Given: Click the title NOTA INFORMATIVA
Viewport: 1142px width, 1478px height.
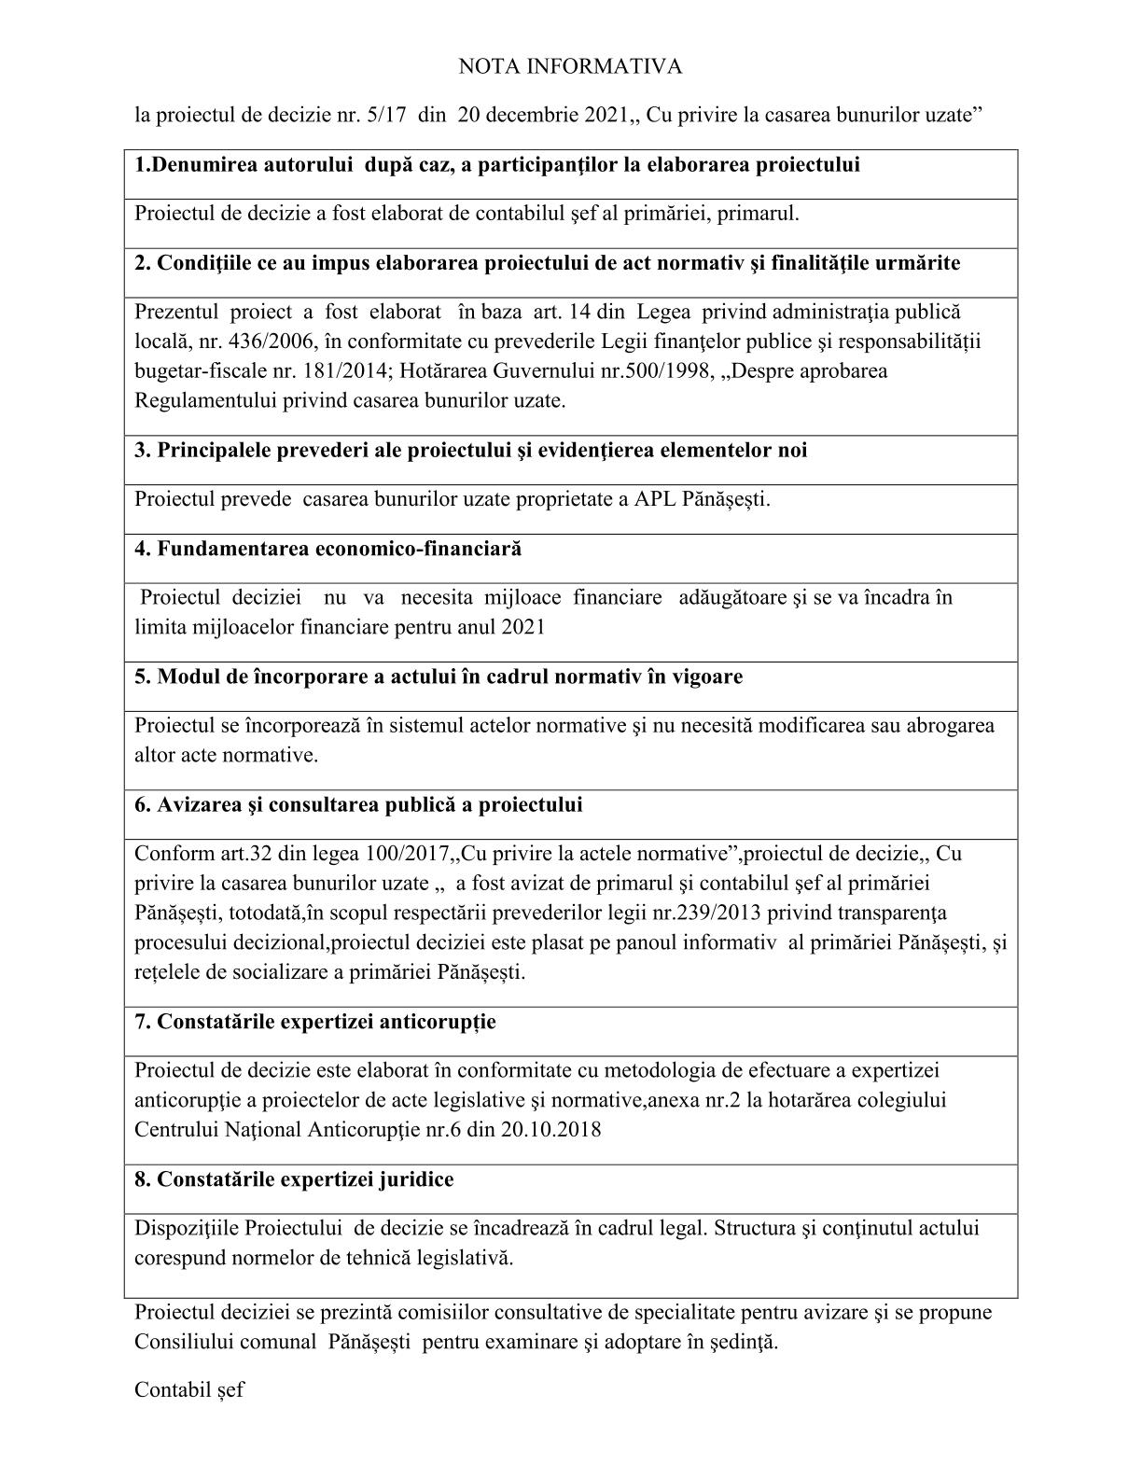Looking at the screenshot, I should (570, 66).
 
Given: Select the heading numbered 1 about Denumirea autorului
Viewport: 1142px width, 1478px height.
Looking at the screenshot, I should (497, 165).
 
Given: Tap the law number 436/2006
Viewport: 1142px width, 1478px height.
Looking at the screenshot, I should (279, 341).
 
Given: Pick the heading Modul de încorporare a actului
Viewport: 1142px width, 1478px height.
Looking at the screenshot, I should (439, 676).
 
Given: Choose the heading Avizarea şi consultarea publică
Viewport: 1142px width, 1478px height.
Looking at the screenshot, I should (358, 804).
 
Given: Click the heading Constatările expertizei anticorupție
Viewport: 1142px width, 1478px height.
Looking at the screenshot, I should (315, 1022).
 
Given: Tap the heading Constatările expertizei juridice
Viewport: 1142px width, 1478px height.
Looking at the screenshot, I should (294, 1179).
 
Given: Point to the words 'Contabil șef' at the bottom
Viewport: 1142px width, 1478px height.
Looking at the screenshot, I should (189, 1389).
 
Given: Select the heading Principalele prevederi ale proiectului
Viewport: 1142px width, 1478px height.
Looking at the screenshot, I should (471, 451).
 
